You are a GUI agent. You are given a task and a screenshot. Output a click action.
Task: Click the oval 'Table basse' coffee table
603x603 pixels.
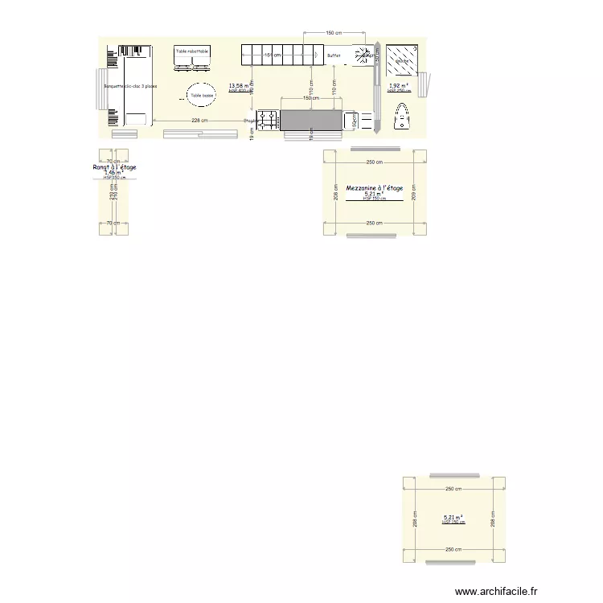pyautogui.click(x=202, y=96)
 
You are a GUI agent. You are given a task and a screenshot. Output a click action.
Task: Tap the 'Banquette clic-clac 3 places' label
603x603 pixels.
pyautogui.click(x=130, y=86)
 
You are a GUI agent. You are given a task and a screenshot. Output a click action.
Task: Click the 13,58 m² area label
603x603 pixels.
pyautogui.click(x=238, y=85)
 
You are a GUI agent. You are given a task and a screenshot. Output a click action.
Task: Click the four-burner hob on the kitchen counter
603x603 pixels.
pyautogui.click(x=268, y=120)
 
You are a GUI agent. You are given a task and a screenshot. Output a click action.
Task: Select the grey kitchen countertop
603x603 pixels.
pyautogui.click(x=310, y=120)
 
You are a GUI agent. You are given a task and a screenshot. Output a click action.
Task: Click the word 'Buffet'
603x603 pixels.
pyautogui.click(x=334, y=55)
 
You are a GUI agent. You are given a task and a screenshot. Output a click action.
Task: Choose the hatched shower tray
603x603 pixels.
pyautogui.click(x=400, y=59)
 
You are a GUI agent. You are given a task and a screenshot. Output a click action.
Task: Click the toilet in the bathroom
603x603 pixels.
pyautogui.click(x=400, y=118)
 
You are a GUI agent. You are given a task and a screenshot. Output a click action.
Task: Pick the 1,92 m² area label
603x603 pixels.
pyautogui.click(x=398, y=85)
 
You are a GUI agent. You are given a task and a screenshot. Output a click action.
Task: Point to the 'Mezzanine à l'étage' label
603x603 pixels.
pyautogui.click(x=374, y=187)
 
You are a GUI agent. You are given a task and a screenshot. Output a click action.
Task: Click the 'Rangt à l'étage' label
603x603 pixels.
pyautogui.click(x=114, y=167)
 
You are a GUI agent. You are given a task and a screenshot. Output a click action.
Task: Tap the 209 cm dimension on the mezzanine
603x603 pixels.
pyautogui.click(x=413, y=194)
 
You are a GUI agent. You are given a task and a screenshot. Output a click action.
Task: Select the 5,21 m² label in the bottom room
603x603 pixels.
pyautogui.click(x=453, y=518)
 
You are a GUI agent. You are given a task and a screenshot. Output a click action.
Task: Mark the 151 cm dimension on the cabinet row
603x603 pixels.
pyautogui.click(x=273, y=55)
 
